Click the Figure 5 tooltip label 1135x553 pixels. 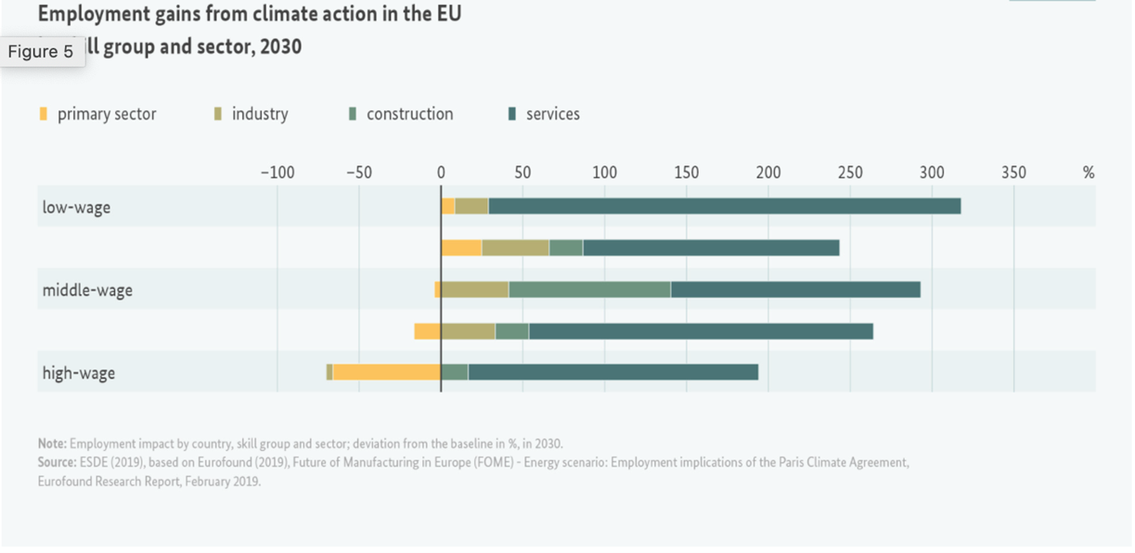41,52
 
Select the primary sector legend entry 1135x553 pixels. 105,114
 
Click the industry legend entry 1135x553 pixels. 259,114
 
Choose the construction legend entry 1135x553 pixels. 409,114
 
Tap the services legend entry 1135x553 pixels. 552,114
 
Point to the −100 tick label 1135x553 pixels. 277,173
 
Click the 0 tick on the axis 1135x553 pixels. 441,173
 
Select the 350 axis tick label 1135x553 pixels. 1013,173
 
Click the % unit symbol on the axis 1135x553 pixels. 1089,173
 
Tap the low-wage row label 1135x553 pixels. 76,207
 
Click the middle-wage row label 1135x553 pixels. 87,290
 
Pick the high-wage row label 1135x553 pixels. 78,373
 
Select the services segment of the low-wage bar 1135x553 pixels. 724,207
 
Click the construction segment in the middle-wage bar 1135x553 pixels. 589,290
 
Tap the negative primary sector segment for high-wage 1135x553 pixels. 387,372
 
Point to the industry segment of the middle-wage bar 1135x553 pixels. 475,290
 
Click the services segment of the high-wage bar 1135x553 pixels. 613,372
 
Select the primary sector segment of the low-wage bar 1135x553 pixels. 448,207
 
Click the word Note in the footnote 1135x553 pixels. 52,444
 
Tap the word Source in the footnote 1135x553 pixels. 56,462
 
